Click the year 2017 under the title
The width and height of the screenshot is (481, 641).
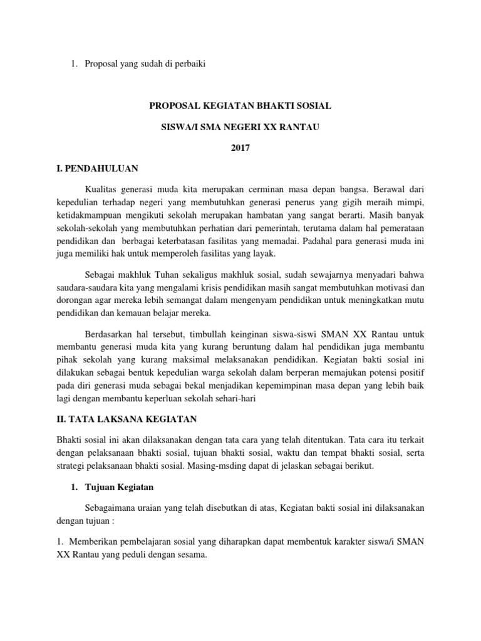pyautogui.click(x=240, y=148)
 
